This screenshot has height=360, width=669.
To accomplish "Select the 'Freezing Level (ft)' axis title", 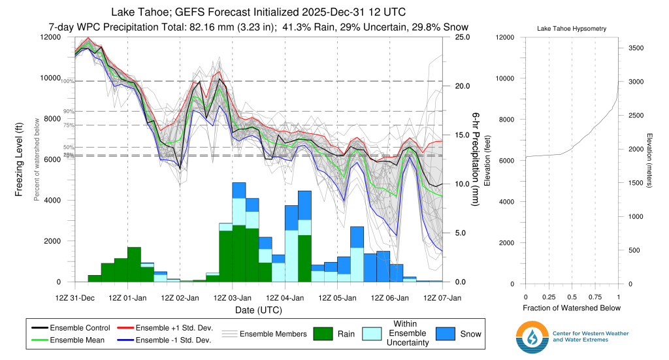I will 19,159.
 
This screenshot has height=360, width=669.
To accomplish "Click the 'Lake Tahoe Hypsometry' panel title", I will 571,29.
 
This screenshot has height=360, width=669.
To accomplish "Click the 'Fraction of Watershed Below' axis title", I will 571,308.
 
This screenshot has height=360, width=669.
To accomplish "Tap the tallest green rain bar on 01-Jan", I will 134,265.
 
